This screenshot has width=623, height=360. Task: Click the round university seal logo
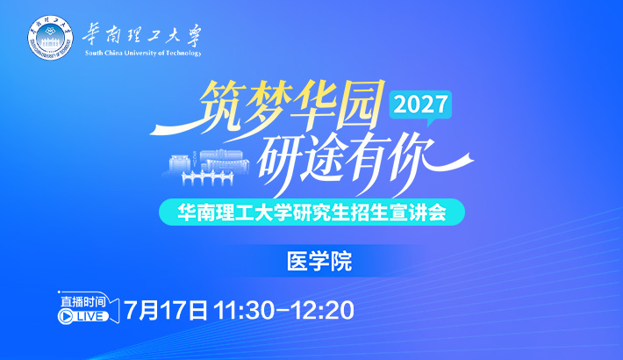click(51, 38)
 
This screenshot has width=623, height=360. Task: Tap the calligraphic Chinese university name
click(142, 36)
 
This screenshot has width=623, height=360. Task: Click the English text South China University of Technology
click(143, 53)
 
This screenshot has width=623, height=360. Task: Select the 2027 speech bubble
click(420, 106)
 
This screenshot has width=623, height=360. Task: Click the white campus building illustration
click(206, 167)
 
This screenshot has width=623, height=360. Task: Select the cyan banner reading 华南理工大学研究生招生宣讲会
click(311, 212)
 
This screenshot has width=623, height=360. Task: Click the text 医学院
click(319, 262)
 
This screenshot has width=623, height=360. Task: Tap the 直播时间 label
click(83, 301)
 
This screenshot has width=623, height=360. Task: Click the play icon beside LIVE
click(66, 316)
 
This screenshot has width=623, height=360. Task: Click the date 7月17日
click(166, 310)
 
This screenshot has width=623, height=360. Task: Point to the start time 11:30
click(244, 311)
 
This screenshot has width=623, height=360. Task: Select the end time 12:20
click(322, 311)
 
